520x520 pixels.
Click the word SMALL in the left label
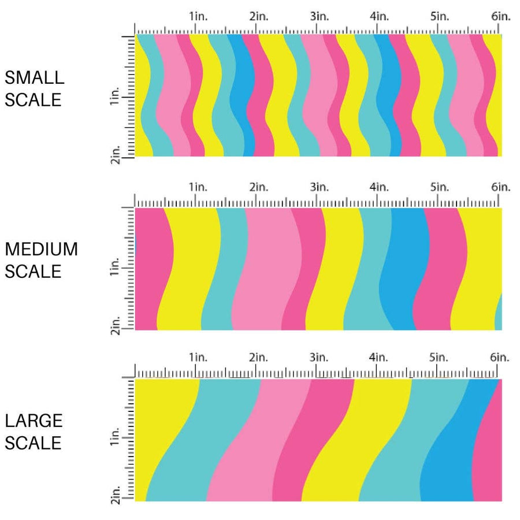(34, 77)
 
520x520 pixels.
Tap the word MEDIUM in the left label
(41, 249)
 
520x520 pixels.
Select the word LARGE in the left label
(33, 421)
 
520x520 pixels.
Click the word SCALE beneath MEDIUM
(33, 272)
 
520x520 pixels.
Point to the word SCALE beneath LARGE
(33, 443)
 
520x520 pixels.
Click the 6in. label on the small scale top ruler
(501, 17)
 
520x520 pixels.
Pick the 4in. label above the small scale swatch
(380, 17)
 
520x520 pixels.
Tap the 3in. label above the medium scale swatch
(319, 187)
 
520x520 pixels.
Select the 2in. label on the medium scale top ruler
(258, 187)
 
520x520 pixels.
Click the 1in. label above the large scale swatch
(198, 358)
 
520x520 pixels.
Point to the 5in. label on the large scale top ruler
(440, 358)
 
